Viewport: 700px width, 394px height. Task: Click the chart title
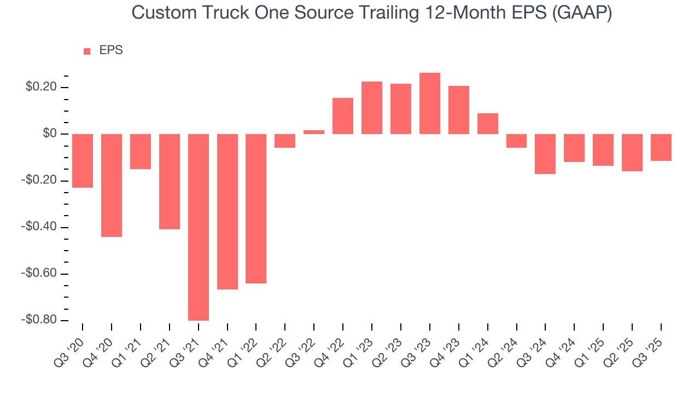coord(372,13)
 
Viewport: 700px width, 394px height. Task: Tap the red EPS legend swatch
coord(87,51)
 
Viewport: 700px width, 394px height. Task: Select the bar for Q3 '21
coord(199,227)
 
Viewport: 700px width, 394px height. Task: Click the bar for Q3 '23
coord(430,103)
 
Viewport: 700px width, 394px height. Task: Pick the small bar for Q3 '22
coord(314,132)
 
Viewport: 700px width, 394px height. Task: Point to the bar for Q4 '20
coord(112,186)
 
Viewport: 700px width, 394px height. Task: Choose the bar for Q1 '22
coord(256,208)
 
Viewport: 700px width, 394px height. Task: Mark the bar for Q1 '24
coord(488,124)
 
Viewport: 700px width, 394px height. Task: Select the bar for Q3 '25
coord(661,147)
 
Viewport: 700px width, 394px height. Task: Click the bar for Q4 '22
coord(343,116)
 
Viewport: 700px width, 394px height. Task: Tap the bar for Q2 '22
coord(285,141)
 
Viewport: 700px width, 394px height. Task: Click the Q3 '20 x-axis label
coord(70,349)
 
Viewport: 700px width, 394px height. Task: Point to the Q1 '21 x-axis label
coord(128,349)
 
